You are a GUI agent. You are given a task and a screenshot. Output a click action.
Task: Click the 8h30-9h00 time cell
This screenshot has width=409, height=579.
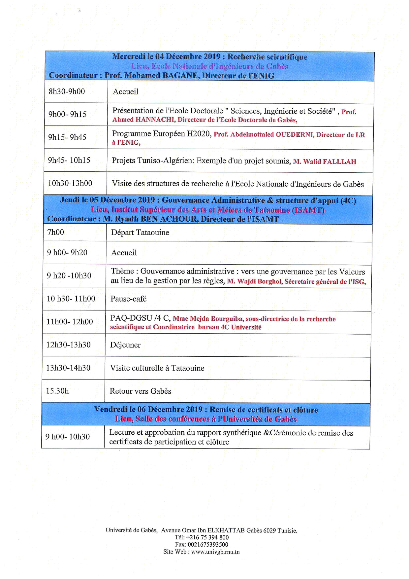click(x=67, y=91)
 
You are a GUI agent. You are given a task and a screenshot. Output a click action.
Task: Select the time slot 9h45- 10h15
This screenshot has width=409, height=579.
click(x=69, y=160)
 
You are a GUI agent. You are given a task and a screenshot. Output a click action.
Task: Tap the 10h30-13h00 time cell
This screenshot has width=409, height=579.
click(x=70, y=183)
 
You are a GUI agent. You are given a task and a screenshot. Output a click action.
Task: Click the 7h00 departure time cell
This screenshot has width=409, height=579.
click(x=55, y=232)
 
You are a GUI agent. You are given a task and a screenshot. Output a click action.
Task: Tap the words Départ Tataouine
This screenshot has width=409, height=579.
click(x=140, y=233)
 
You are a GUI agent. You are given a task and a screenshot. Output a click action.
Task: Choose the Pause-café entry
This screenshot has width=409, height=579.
click(x=128, y=299)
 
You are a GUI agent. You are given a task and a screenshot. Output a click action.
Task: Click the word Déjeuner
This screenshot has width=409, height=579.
click(x=125, y=345)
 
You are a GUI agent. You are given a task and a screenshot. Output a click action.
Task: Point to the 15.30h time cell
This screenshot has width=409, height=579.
click(x=57, y=391)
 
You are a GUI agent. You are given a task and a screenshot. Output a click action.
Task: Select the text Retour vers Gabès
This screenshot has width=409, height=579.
click(x=141, y=391)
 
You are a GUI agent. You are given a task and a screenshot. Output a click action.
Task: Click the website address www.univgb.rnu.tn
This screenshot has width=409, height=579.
click(x=215, y=552)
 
